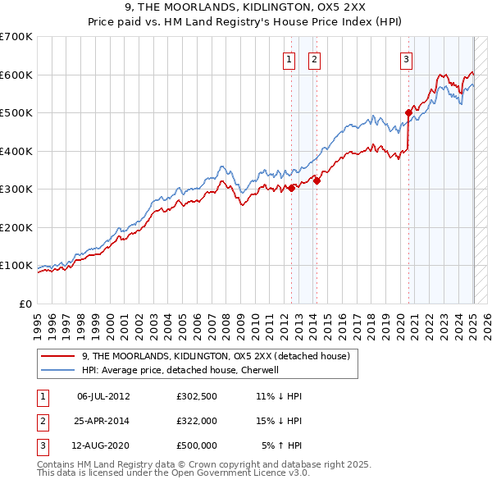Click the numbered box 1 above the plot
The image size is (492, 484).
[289, 58]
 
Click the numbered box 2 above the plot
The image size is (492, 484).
[314, 58]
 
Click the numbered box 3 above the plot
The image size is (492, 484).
[406, 58]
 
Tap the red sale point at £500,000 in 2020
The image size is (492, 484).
[408, 112]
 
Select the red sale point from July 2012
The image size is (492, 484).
[291, 188]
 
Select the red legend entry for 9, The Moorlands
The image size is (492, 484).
[216, 356]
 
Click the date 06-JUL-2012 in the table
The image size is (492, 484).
[103, 396]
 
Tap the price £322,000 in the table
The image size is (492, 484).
[197, 421]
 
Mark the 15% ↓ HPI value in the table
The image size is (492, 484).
[279, 421]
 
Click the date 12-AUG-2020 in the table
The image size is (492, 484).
[103, 445]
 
